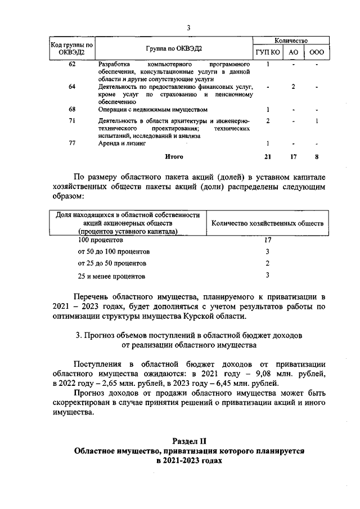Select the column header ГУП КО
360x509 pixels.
(268, 52)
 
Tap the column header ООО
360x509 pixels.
(317, 52)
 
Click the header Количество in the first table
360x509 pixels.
(291, 41)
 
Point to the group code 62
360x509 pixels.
(72, 64)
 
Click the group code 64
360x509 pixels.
(72, 87)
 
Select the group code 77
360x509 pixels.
(72, 143)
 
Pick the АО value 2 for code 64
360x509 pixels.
(293, 87)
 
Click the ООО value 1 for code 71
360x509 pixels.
(317, 121)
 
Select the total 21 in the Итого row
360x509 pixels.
(268, 156)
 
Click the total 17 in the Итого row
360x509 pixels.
(293, 156)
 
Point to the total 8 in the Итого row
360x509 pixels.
(317, 156)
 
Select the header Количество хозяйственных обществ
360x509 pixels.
(267, 223)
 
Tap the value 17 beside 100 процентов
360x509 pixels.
(268, 240)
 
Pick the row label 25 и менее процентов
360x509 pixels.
(112, 276)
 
